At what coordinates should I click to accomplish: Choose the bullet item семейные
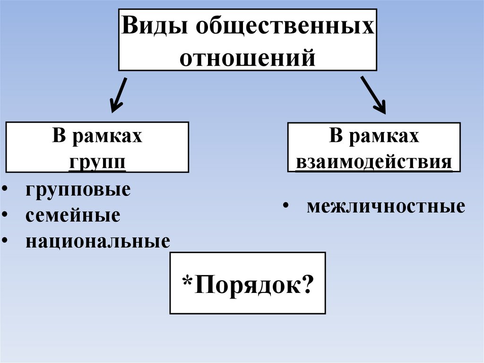73,215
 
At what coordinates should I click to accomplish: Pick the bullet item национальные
98,241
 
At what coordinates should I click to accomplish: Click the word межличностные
386,206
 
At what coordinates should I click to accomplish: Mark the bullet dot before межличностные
286,206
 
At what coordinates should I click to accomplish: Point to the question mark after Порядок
307,284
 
